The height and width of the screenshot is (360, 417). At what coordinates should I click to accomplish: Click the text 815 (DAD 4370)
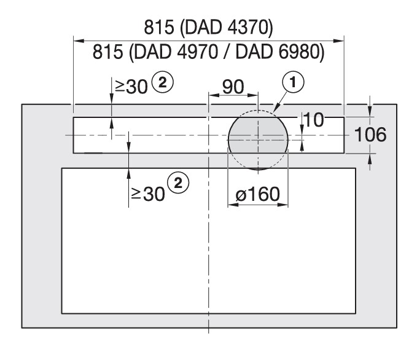pyautogui.click(x=209, y=27)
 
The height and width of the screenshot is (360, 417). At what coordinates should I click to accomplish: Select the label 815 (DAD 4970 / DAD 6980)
pyautogui.click(x=209, y=52)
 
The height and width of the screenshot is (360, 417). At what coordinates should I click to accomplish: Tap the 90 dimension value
pyautogui.click(x=233, y=87)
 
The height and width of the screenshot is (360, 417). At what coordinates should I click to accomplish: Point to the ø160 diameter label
pyautogui.click(x=258, y=194)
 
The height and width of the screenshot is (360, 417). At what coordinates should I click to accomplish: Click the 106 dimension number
pyautogui.click(x=370, y=135)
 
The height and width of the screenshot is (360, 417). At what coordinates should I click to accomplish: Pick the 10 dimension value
pyautogui.click(x=313, y=120)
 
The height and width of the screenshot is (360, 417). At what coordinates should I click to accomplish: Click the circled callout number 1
pyautogui.click(x=293, y=82)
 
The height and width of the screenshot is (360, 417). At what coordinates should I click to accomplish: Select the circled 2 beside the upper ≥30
pyautogui.click(x=163, y=82)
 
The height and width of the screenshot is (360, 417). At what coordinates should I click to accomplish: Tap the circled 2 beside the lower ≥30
pyautogui.click(x=178, y=183)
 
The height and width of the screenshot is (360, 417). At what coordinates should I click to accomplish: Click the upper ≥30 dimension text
pyautogui.click(x=131, y=87)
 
